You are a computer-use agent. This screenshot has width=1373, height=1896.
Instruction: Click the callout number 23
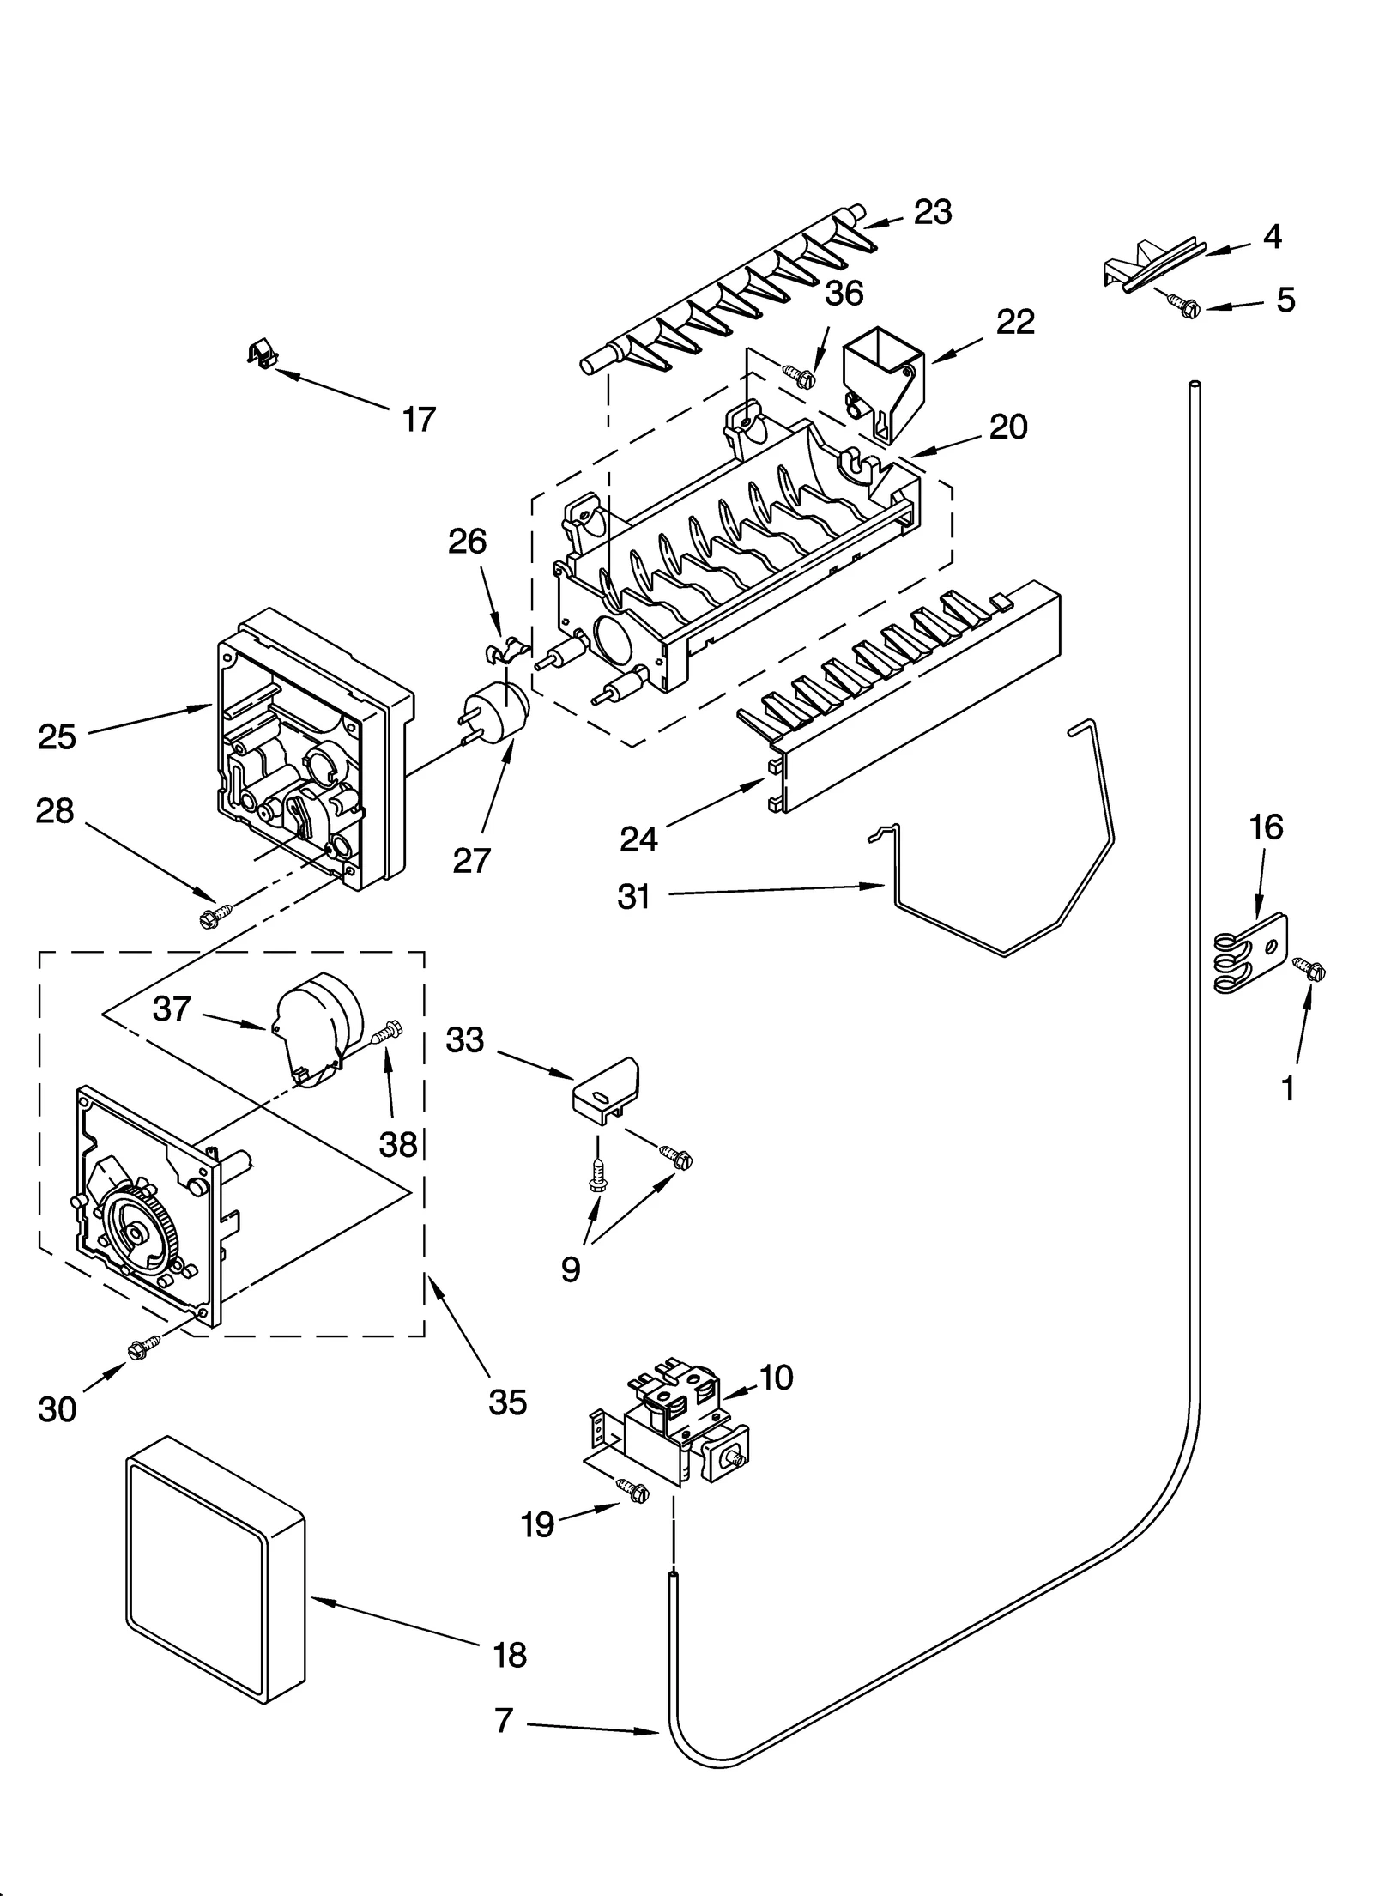[932, 212]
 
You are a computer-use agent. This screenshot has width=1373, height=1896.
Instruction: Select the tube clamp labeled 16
[1251, 954]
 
